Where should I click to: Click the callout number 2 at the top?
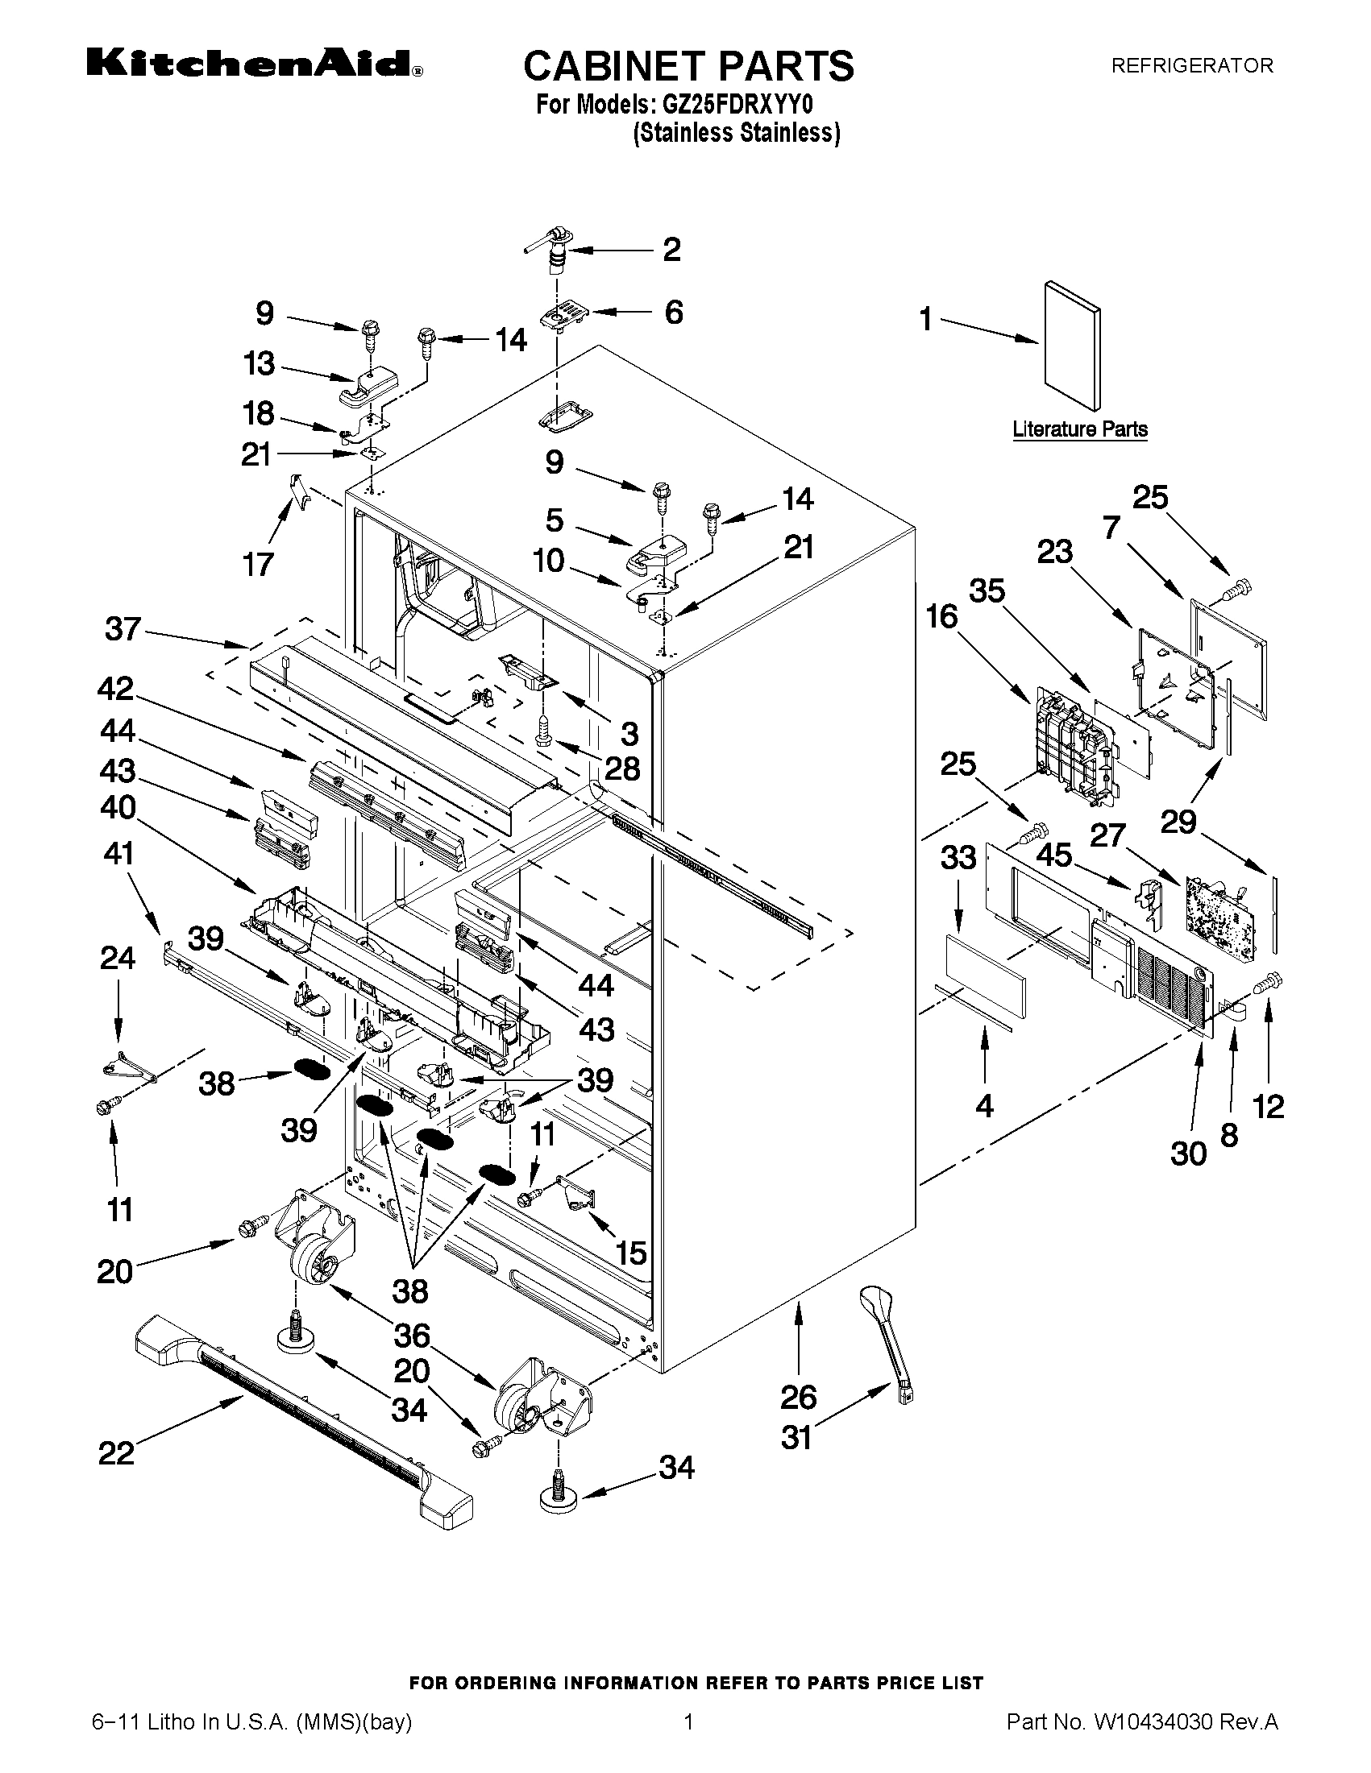671,250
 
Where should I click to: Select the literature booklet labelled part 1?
1072,346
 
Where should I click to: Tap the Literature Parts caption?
1079,429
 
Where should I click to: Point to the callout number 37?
123,629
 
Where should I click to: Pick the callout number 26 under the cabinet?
799,1397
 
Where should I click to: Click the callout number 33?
958,857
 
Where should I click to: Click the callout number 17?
258,563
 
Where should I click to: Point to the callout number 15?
631,1253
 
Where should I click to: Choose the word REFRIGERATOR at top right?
1191,66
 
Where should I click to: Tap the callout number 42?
116,690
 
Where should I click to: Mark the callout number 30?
1188,1153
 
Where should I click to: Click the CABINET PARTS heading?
688,66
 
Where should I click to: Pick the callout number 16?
942,618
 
